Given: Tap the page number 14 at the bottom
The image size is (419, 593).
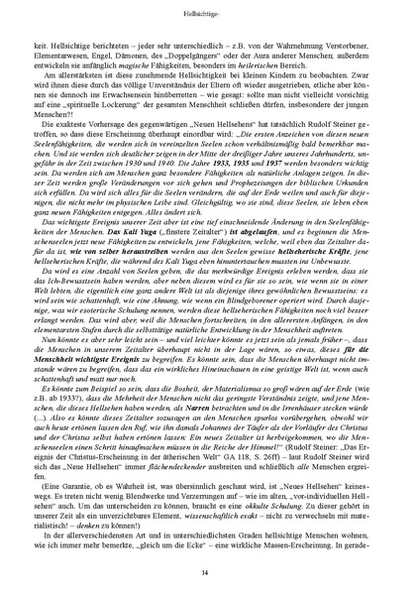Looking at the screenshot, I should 209,572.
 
